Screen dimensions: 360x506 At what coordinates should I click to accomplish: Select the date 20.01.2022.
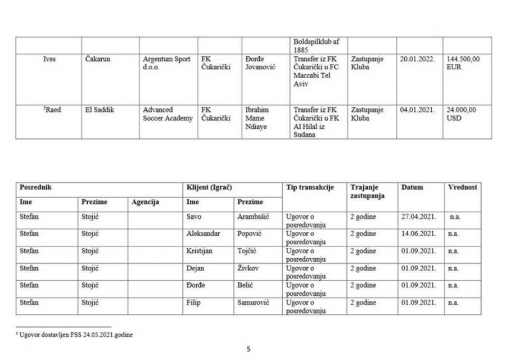click(x=417, y=59)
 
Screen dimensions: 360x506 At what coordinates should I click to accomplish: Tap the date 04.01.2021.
click(x=417, y=110)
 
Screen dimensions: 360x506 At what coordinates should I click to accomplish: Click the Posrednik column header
click(x=36, y=187)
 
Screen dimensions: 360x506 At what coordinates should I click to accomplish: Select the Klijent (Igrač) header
click(x=209, y=187)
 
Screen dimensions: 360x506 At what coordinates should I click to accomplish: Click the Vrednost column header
click(x=462, y=187)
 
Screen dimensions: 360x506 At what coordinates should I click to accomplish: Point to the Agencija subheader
click(x=145, y=201)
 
